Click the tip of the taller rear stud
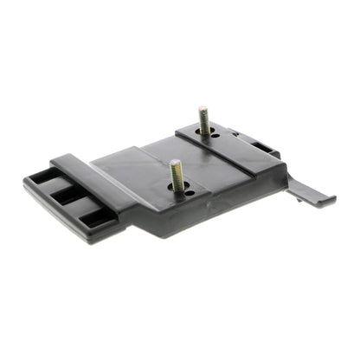coord(202,110)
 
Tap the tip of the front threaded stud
coord(174,163)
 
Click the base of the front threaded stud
coord(178,190)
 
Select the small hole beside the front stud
coord(190,194)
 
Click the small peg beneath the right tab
coord(299,199)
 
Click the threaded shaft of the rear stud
coord(204,122)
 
